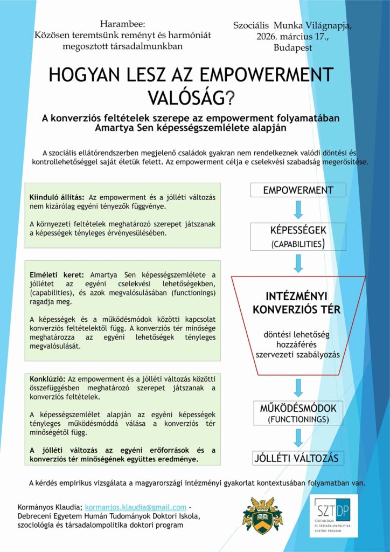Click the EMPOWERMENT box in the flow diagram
coord(298,190)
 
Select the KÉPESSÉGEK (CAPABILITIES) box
coord(298,237)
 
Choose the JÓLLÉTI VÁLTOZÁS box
coord(298,459)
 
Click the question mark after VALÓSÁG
coord(229,98)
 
